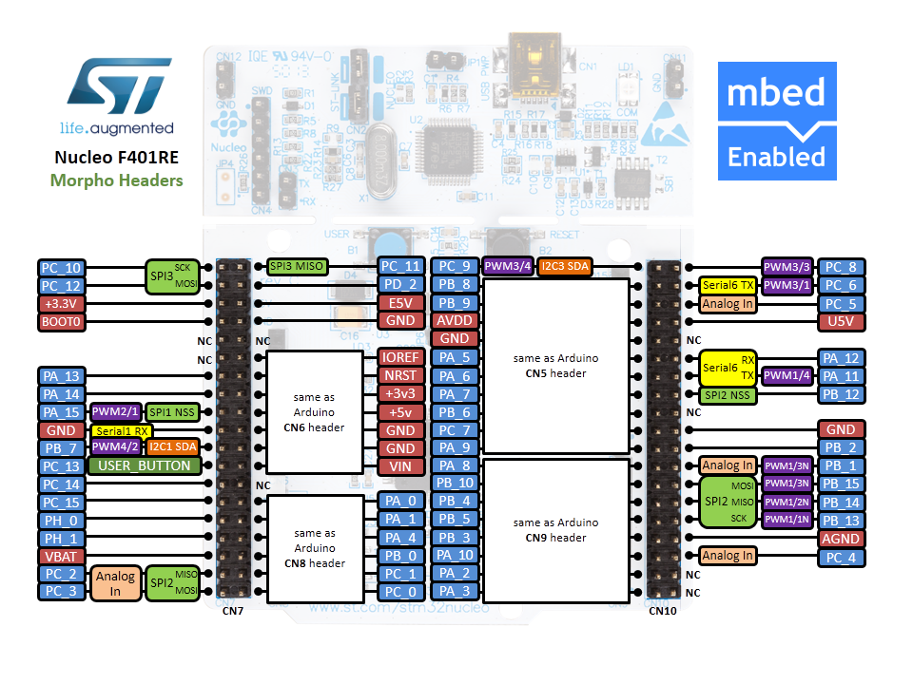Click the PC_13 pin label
click(61, 466)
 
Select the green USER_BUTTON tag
click(146, 466)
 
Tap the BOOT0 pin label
click(61, 322)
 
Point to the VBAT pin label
click(61, 557)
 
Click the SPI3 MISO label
click(298, 267)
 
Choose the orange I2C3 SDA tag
click(565, 267)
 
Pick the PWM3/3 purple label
click(787, 267)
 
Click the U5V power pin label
click(842, 322)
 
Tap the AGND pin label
click(842, 539)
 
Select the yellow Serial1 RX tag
click(121, 430)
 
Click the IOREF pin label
click(399, 358)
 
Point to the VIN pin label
click(399, 466)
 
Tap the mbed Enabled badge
click(776, 121)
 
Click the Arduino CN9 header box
click(555, 530)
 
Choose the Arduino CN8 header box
click(315, 548)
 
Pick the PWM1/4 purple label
click(787, 376)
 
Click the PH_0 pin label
click(61, 521)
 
